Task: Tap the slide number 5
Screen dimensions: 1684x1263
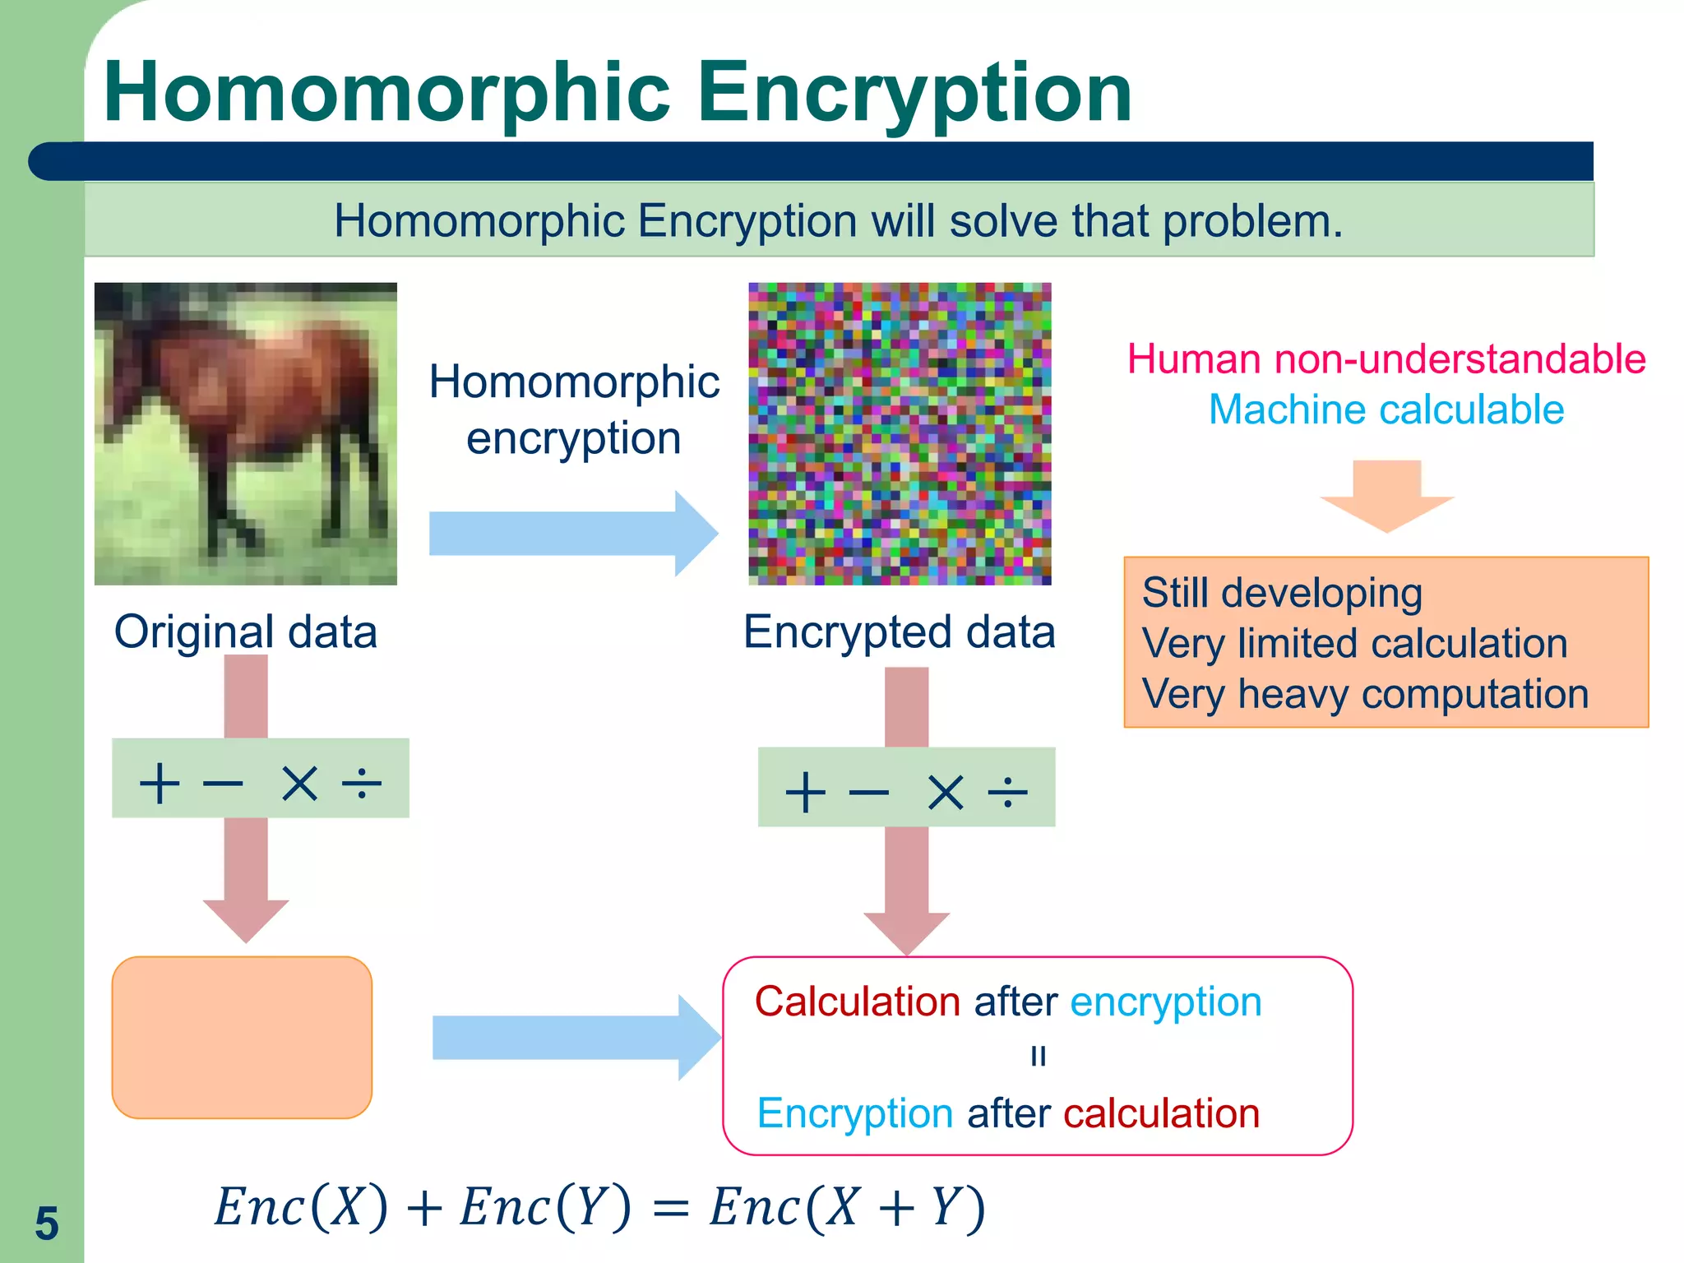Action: click(47, 1224)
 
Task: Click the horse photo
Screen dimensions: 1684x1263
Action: click(246, 433)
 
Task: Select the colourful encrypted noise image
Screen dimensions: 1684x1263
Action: click(900, 433)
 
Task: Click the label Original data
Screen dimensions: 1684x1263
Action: click(245, 631)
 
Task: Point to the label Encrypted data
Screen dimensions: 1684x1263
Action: click(899, 631)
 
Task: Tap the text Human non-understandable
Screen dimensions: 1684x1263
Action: click(1386, 359)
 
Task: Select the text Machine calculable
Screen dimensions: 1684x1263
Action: click(1386, 409)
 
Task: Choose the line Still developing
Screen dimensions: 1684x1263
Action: click(1282, 593)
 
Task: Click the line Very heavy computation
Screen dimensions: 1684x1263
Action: click(1365, 694)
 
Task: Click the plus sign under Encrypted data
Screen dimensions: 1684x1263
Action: click(805, 792)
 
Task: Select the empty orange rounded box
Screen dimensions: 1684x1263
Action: click(242, 1037)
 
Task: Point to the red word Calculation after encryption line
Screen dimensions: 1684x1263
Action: click(858, 1002)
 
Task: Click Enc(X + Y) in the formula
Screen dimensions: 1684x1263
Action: click(847, 1208)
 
